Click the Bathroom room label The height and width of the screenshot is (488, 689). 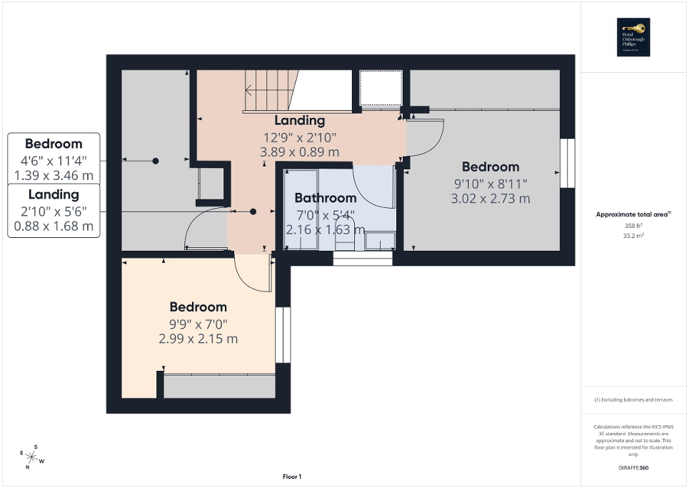click(x=325, y=198)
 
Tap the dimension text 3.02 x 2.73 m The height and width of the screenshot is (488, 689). click(x=490, y=199)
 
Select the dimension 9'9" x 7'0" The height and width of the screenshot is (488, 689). click(x=198, y=323)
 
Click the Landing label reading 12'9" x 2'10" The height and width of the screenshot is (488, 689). click(x=300, y=136)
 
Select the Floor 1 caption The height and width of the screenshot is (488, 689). click(x=292, y=477)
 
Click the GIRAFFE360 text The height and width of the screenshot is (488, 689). click(x=634, y=467)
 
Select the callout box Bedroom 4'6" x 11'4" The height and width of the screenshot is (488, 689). click(x=54, y=159)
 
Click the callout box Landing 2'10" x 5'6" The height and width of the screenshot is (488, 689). click(x=54, y=210)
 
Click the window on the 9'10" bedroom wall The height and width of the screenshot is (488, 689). click(x=568, y=163)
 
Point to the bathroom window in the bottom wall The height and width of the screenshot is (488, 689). click(x=363, y=258)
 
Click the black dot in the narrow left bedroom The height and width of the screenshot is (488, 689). click(x=155, y=161)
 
